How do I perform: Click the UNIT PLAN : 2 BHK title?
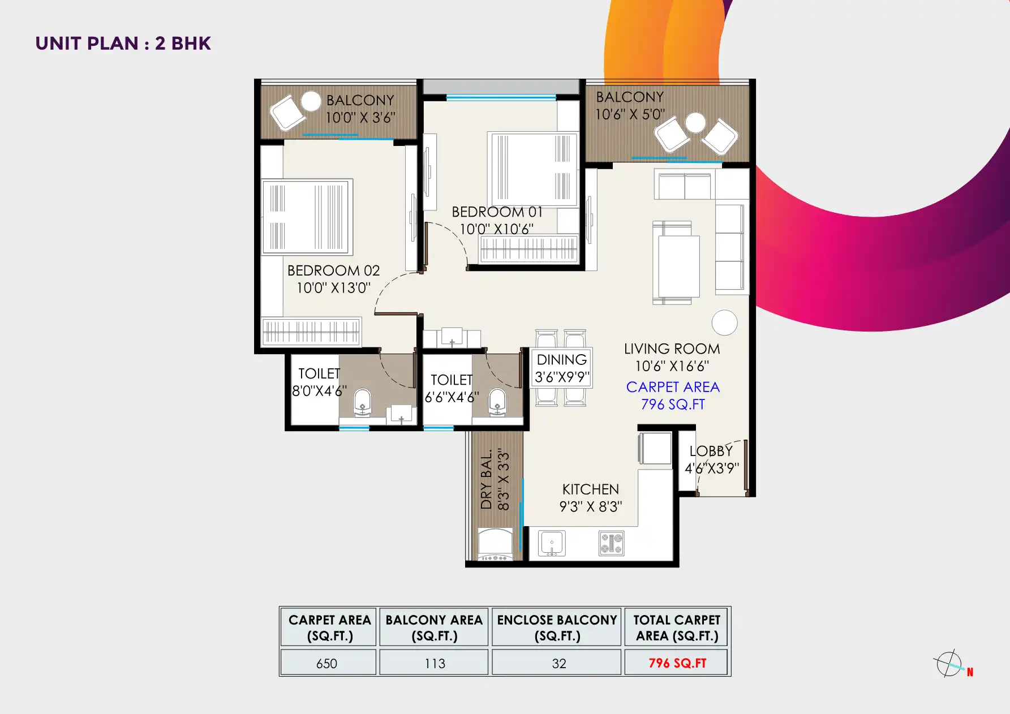coord(123,44)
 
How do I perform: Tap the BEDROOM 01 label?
coord(497,212)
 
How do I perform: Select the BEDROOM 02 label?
coord(333,271)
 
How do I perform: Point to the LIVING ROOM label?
coord(672,349)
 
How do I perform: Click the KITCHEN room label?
coord(590,489)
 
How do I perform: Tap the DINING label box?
coord(561,368)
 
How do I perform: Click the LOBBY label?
coord(711,451)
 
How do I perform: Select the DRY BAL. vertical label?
coord(486,480)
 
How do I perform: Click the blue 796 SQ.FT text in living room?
coord(673,405)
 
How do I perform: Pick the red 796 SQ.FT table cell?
coord(677,663)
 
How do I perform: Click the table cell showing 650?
coord(327,663)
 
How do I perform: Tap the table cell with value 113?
coord(435,663)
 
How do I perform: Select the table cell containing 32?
coord(558,663)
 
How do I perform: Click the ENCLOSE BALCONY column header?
coord(557,627)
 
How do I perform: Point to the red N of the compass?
coord(970,672)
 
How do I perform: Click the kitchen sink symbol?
coord(552,544)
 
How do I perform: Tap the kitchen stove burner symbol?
coord(611,544)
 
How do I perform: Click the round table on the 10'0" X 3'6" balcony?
coord(311,101)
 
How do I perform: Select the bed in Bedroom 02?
coord(307,217)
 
